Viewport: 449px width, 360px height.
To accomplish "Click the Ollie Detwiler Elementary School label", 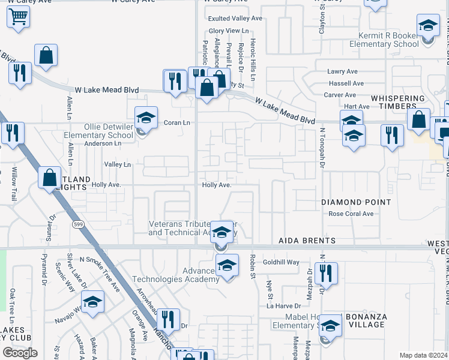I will click(x=98, y=131).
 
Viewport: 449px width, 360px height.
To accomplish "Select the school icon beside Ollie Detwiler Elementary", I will click(x=145, y=119).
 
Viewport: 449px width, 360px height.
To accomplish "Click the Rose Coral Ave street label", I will click(x=351, y=214).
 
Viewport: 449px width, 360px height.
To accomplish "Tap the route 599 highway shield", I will click(x=77, y=224).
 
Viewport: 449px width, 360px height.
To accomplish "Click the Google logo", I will click(x=20, y=353).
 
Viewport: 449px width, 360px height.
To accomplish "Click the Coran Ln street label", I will click(x=177, y=122).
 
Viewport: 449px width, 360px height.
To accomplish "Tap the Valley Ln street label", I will click(x=117, y=164).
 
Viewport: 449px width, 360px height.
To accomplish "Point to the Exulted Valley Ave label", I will click(x=235, y=19).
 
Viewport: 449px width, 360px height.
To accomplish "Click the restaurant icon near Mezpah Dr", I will click(x=326, y=273).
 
